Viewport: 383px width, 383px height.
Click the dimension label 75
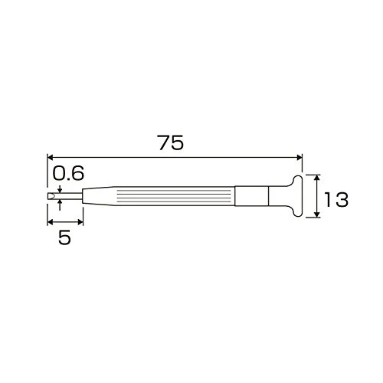pos(171,142)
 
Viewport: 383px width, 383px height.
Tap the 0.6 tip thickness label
pos(68,173)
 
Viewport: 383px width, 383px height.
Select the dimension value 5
pos(64,237)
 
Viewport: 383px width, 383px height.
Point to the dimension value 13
pos(336,199)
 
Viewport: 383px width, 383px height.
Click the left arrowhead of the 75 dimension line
pos(50,157)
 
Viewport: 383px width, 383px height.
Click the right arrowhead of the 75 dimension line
pos(300,157)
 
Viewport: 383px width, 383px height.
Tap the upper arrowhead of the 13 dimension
pos(316,178)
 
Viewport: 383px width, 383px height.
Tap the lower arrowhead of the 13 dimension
pos(316,214)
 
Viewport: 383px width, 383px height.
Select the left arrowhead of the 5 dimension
pos(50,222)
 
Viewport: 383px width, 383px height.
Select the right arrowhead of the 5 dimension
pos(80,222)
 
